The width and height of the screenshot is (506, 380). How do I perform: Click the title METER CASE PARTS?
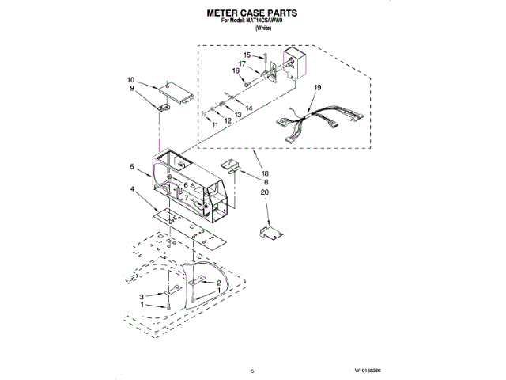point(253,13)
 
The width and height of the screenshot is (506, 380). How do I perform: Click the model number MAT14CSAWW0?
point(265,21)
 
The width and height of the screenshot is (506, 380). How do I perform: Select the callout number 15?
point(247,55)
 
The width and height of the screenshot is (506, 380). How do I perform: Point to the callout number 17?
point(244,63)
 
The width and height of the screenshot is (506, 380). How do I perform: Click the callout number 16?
point(236,71)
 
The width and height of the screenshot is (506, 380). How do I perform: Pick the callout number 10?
point(130,80)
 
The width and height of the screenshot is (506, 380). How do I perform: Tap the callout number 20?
point(266,192)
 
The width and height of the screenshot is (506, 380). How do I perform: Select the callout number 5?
point(134,167)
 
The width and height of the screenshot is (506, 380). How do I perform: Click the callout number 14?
point(249,108)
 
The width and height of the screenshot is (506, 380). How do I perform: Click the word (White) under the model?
point(253,28)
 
